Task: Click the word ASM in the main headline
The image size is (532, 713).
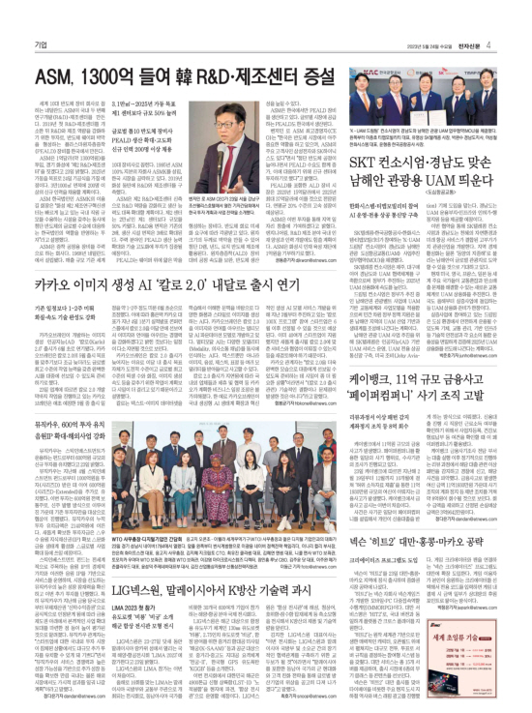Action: pyautogui.click(x=57, y=48)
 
